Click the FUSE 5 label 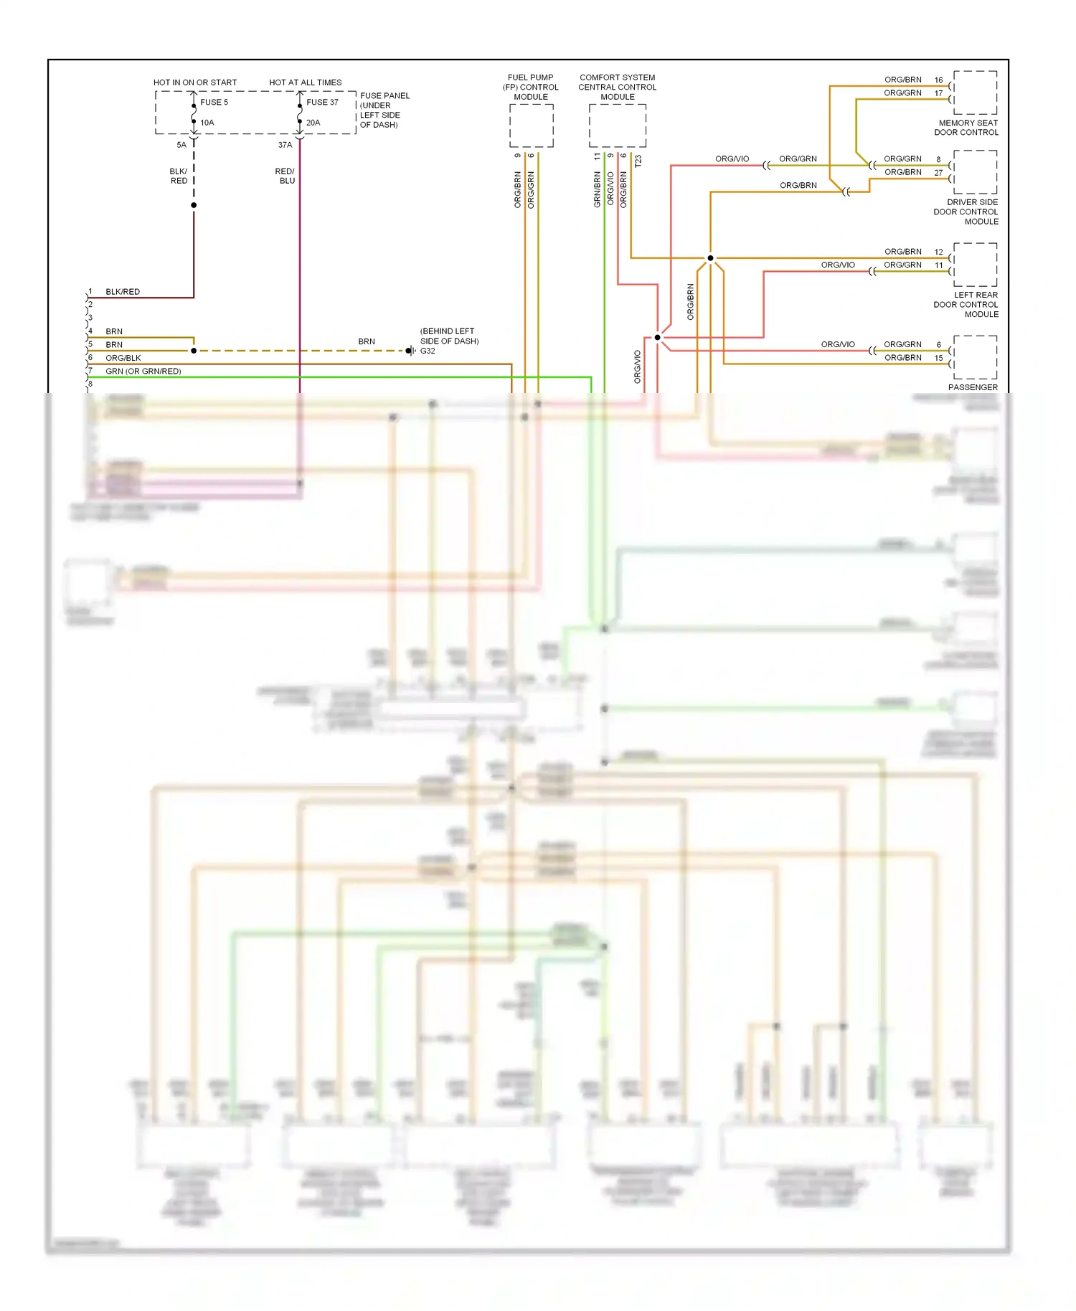(x=214, y=103)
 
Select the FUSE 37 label (x=322, y=103)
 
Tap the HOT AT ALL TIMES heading (x=305, y=82)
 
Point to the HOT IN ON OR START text (x=194, y=82)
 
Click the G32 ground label (x=428, y=351)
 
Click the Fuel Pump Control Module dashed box (x=531, y=126)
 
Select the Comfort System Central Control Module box (x=617, y=126)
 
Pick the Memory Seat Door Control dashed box (x=975, y=93)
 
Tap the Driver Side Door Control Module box (x=975, y=172)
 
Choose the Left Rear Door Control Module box (x=975, y=265)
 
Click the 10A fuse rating (x=207, y=123)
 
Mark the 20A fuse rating (x=313, y=123)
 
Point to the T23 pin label (x=638, y=161)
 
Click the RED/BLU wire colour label (x=285, y=176)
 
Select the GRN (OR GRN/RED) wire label (x=143, y=371)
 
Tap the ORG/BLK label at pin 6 (x=123, y=358)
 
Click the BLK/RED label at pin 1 (x=122, y=292)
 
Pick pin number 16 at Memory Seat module (x=938, y=80)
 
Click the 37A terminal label (x=285, y=145)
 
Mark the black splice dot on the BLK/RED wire (x=194, y=205)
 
